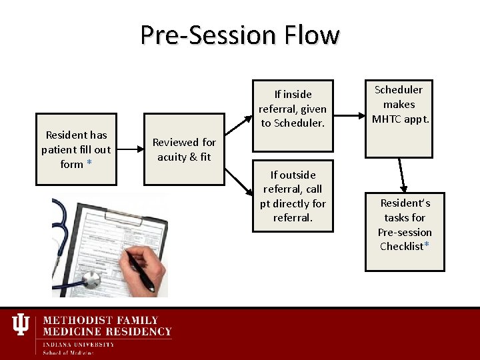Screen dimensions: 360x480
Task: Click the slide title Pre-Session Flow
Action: click(x=239, y=35)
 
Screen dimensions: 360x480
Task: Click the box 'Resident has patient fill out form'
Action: click(x=76, y=149)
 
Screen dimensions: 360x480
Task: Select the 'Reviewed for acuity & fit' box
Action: click(x=184, y=150)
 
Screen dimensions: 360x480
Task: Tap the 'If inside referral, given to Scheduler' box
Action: click(x=293, y=108)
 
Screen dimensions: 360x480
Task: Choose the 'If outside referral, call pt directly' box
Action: click(x=293, y=196)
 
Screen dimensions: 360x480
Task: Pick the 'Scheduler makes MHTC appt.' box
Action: click(x=403, y=105)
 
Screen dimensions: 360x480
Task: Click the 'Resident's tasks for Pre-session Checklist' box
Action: click(x=405, y=225)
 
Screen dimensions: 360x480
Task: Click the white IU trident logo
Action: click(x=21, y=325)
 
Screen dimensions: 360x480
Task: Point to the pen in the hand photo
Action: click(x=141, y=271)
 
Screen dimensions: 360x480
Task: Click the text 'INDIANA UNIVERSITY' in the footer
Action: click(x=78, y=345)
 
